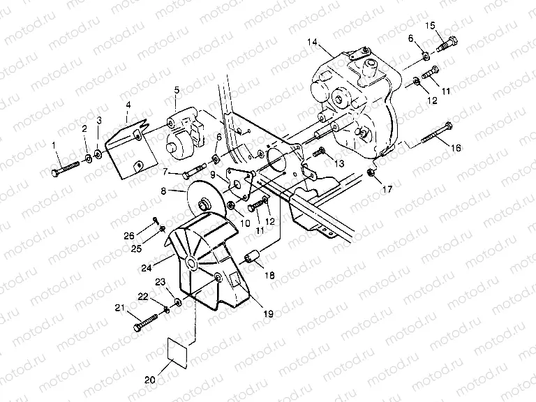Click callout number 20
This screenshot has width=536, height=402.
coord(149,380)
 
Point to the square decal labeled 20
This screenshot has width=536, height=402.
coord(178,350)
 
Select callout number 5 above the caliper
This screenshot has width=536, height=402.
coord(177,90)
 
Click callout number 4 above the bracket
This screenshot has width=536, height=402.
coord(128,106)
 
